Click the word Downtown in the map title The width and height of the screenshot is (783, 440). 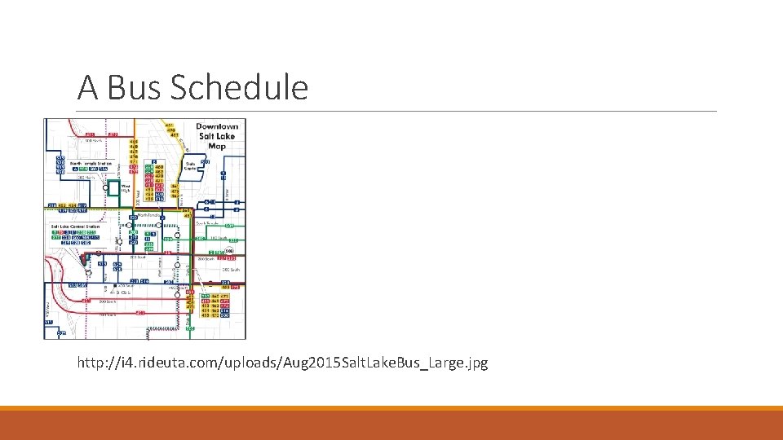click(x=217, y=126)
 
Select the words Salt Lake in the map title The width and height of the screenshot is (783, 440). click(x=217, y=136)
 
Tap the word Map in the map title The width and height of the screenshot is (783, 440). click(x=217, y=146)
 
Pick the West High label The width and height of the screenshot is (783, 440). click(x=126, y=188)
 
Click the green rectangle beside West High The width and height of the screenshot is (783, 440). click(x=114, y=186)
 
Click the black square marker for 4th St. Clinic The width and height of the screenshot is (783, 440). click(x=115, y=286)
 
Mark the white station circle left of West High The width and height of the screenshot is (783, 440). click(x=105, y=187)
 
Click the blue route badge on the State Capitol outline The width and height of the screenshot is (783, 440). click(x=206, y=162)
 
